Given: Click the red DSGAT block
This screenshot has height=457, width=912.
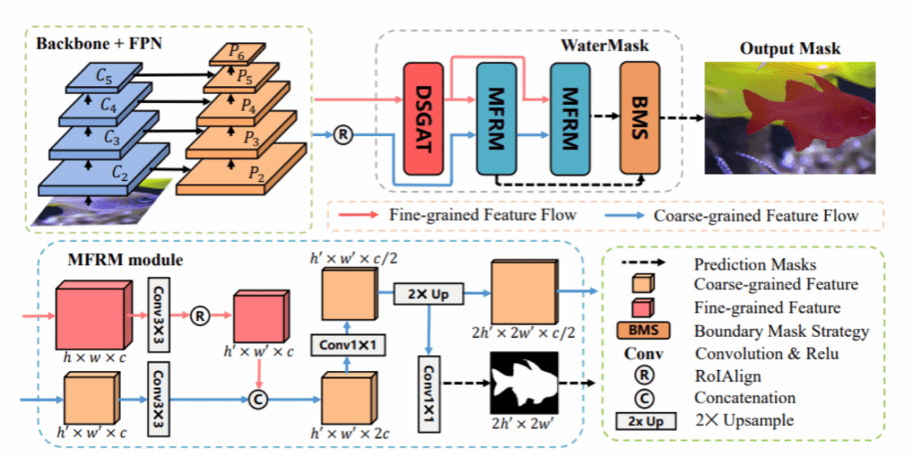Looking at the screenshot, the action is click(x=423, y=119).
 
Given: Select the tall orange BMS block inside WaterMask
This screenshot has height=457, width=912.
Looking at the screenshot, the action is click(x=640, y=118).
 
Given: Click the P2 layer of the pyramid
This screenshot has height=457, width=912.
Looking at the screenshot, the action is click(x=241, y=169).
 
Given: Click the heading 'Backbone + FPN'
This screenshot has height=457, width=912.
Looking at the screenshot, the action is click(x=99, y=44).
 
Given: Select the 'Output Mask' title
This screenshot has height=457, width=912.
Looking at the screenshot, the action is click(x=790, y=48).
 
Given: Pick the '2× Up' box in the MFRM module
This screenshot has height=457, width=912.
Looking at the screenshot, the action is click(x=428, y=293).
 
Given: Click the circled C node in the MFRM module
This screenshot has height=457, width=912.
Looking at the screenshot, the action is click(x=257, y=399).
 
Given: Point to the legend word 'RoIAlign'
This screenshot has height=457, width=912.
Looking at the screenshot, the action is click(x=728, y=376).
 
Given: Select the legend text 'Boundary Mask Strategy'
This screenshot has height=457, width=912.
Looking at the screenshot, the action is click(x=782, y=331).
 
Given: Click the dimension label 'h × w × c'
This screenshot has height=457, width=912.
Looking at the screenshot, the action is click(x=94, y=357).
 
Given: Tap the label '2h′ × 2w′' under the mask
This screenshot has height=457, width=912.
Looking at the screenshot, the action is click(x=522, y=423).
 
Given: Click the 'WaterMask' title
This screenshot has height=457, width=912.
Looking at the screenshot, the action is click(x=605, y=45).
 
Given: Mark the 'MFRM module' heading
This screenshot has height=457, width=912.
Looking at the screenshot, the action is click(x=125, y=259).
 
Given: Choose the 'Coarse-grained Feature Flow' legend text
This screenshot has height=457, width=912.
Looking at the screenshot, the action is click(x=756, y=215).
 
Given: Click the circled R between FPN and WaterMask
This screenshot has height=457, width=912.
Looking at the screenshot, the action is click(x=343, y=135).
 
